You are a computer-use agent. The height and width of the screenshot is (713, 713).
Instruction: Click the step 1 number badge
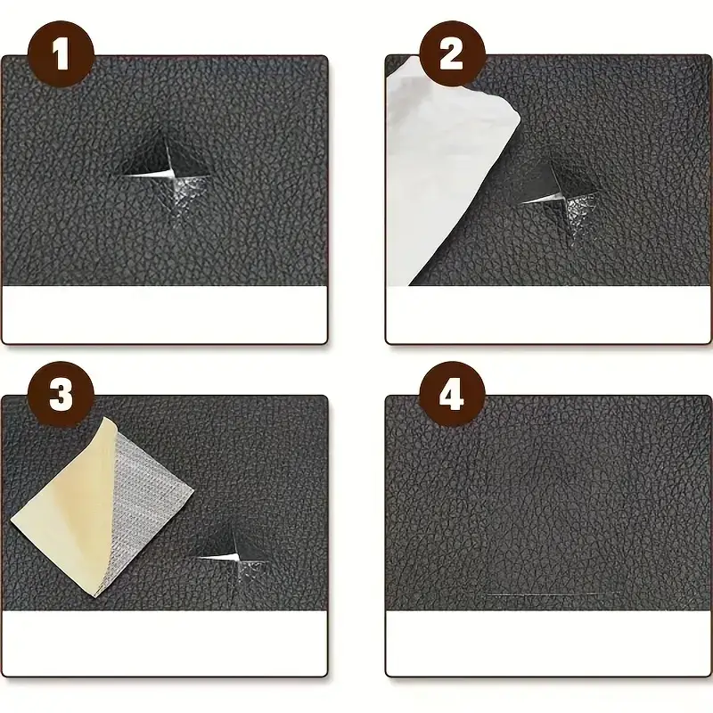pyautogui.click(x=60, y=54)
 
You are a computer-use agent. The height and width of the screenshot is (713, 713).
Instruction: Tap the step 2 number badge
pyautogui.click(x=452, y=54)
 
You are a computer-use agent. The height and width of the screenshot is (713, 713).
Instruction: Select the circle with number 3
pyautogui.click(x=60, y=394)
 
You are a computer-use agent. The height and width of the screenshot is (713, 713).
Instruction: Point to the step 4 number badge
pyautogui.click(x=452, y=394)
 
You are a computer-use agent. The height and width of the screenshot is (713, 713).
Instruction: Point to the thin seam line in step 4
pyautogui.click(x=548, y=593)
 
